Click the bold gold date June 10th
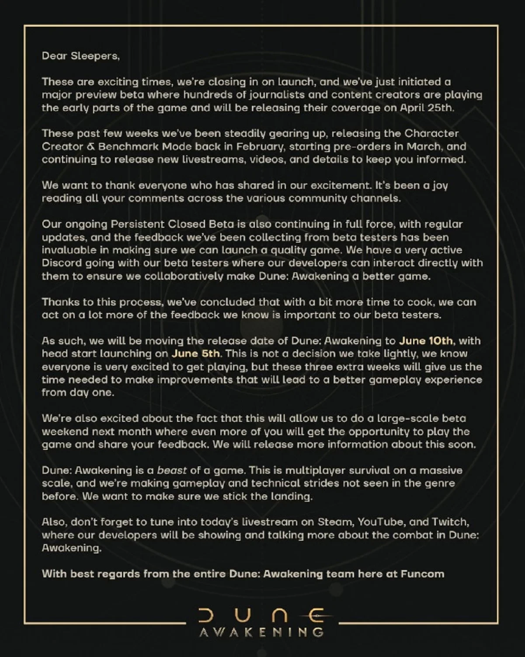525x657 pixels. pyautogui.click(x=426, y=341)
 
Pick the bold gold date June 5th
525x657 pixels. pyautogui.click(x=195, y=353)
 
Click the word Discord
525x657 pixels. pyautogui.click(x=61, y=263)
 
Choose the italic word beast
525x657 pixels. pyautogui.click(x=172, y=470)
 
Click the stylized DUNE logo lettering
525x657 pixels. pyautogui.click(x=261, y=616)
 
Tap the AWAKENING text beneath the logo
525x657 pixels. pyautogui.click(x=261, y=633)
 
